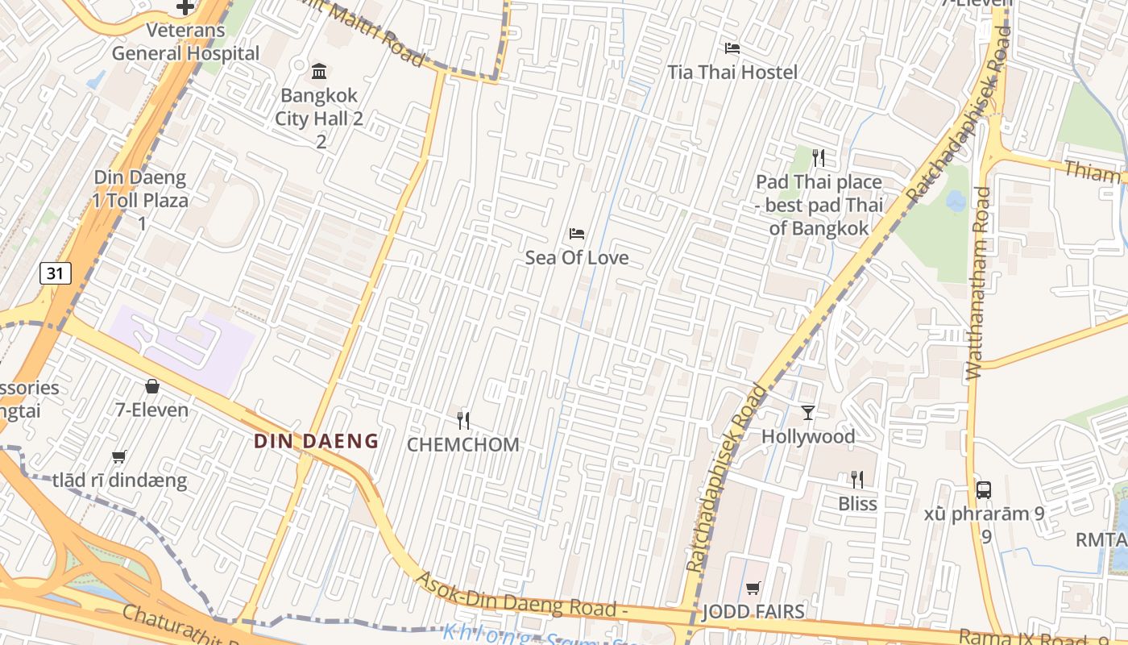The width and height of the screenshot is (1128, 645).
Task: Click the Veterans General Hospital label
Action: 185,42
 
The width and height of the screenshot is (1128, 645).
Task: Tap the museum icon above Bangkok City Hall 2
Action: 319,71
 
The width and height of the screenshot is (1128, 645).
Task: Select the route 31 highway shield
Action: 55,273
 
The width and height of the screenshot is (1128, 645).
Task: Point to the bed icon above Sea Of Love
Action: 577,234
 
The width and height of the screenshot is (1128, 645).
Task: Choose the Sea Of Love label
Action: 577,258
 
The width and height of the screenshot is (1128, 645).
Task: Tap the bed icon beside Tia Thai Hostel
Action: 732,48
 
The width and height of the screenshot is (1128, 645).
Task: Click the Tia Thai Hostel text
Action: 732,73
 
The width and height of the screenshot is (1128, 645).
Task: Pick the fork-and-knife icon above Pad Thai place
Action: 819,157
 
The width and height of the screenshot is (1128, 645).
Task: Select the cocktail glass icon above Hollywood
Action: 808,413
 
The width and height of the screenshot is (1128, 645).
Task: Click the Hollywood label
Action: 808,437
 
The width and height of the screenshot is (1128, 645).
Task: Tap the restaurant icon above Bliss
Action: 857,480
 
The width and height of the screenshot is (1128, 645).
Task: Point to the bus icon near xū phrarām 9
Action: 983,489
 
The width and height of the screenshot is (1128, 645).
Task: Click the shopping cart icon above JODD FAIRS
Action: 753,588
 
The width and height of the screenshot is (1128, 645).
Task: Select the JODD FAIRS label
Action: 753,612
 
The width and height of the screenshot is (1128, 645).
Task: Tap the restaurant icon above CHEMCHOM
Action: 463,420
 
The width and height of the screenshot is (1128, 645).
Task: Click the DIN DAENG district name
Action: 316,441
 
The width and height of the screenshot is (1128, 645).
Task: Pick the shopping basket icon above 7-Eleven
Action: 151,386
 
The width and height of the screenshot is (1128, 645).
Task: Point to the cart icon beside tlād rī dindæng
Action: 119,456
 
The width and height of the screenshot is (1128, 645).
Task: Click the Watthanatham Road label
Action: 978,282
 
